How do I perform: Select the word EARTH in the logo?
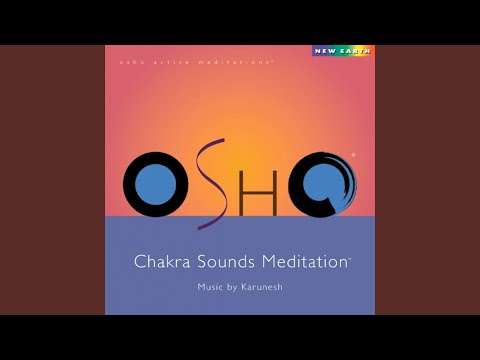click(350, 50)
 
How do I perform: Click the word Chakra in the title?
click(161, 262)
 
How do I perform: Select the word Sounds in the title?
click(223, 262)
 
